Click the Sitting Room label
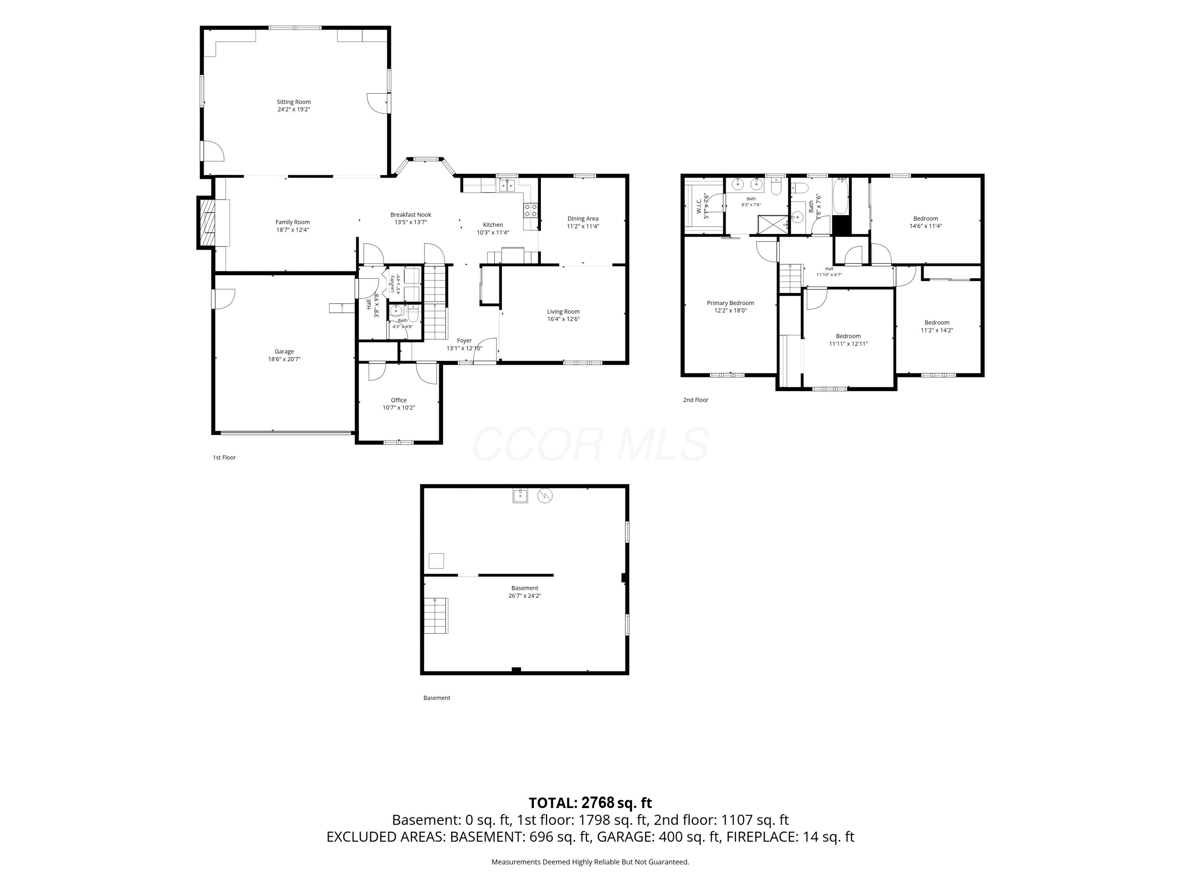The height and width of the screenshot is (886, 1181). coord(294,102)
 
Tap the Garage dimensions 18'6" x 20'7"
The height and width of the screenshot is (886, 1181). coord(284,360)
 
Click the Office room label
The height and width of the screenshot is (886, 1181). coord(399,400)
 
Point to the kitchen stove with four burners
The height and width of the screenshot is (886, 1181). coord(530,210)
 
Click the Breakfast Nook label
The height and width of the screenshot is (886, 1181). coord(411,215)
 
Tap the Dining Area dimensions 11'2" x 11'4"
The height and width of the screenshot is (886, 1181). coord(583,226)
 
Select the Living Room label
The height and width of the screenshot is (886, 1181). coord(563,311)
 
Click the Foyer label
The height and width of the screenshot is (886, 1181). coord(465,340)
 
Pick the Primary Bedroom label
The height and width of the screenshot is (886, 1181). coord(730,303)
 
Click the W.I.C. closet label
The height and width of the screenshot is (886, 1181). coord(699,206)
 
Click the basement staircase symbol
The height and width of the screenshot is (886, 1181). coord(436,616)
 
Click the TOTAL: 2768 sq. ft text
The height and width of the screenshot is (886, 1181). coord(590,803)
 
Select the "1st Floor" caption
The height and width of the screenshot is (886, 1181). coord(224,457)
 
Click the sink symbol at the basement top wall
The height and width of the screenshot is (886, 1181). coord(520,496)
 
